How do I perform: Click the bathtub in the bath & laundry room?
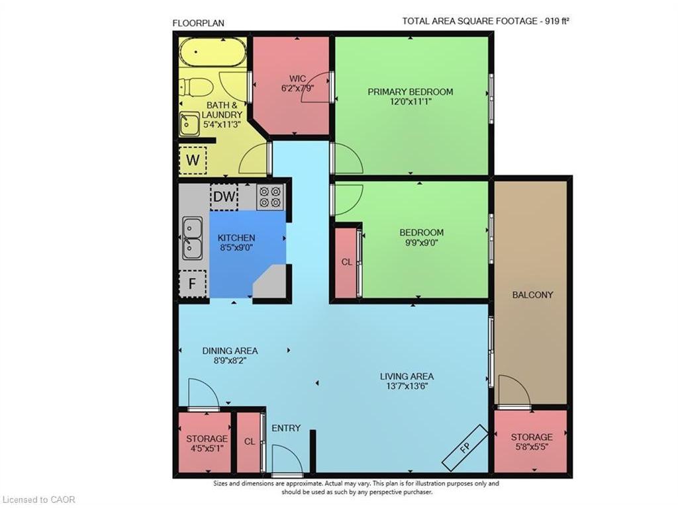point(213,52)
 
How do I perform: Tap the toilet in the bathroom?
point(196,87)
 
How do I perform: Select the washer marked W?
point(193,160)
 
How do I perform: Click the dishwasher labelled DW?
point(224,197)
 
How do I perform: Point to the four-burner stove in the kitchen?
point(270,197)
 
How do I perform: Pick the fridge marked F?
point(193,284)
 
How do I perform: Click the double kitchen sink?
point(192,238)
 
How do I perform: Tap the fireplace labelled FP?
point(465,448)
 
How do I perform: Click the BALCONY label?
point(532,295)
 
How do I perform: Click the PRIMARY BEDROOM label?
point(411,91)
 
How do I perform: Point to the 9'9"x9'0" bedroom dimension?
point(422,242)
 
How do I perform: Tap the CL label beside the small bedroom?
point(347,262)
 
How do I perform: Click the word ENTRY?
point(286,428)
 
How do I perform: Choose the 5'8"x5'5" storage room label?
point(532,446)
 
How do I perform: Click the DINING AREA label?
point(230,351)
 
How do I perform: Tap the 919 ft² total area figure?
point(557,21)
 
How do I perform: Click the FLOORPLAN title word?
point(199,23)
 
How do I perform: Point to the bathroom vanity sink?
point(189,123)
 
